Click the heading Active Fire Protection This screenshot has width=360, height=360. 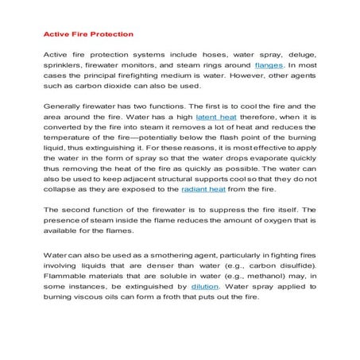click(87, 34)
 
